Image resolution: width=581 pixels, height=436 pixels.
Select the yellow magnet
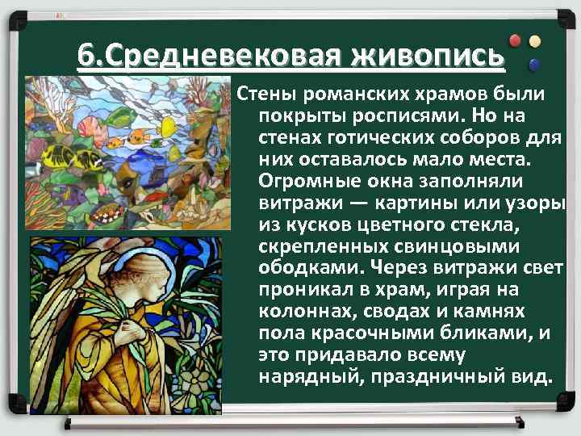pos(534,40)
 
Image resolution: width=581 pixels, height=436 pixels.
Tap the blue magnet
pos(534,63)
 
